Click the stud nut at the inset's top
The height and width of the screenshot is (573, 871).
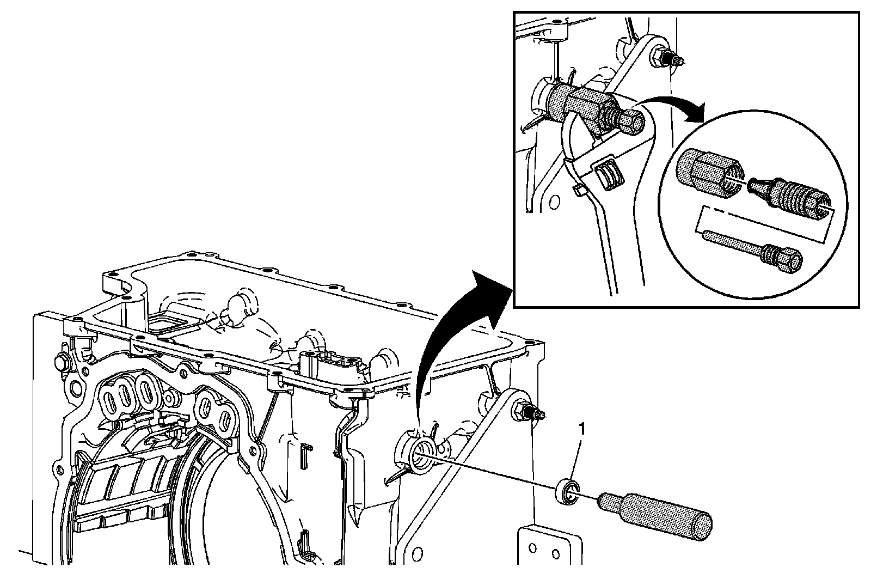pyautogui.click(x=661, y=57)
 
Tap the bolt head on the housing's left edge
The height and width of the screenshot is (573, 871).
pyautogui.click(x=60, y=362)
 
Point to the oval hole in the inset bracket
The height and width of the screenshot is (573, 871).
pyautogui.click(x=554, y=203)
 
